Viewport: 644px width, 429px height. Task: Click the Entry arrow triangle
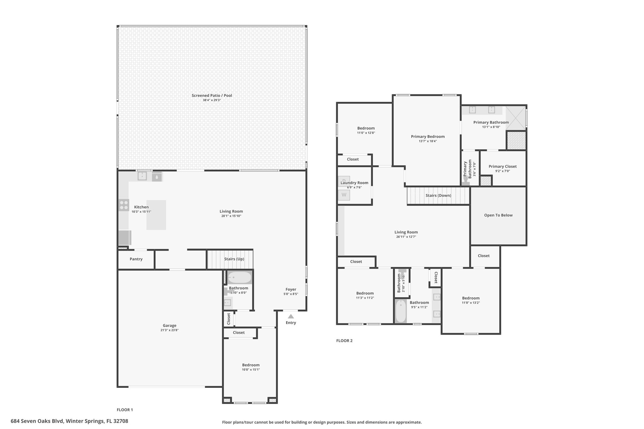pos(291,316)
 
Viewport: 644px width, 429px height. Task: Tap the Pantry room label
pos(136,259)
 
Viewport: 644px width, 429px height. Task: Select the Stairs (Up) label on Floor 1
pos(234,259)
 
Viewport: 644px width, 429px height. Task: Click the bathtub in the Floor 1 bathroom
pos(240,278)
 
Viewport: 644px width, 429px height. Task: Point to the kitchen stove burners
pos(124,205)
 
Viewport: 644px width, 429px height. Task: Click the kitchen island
pos(156,215)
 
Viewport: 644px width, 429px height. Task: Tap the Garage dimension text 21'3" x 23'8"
pos(169,330)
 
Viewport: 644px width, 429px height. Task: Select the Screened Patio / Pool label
pos(212,96)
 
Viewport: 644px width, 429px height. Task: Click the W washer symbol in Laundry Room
pos(344,195)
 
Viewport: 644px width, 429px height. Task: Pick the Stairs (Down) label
pos(438,195)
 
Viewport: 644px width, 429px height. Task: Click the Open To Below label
pos(498,215)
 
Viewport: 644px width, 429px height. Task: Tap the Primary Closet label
pos(502,167)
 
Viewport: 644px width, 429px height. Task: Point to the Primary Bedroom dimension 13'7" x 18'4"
pos(428,141)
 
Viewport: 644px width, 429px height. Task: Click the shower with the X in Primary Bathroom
pos(516,118)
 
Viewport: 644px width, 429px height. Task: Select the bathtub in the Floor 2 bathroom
pos(401,311)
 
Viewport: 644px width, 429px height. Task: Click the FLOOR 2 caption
pos(344,341)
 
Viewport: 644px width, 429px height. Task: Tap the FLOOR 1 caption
pos(125,410)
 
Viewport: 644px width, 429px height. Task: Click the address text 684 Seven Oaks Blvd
pos(37,421)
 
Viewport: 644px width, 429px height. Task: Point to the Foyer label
pos(291,289)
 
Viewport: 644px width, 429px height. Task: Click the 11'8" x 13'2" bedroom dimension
pos(471,303)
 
